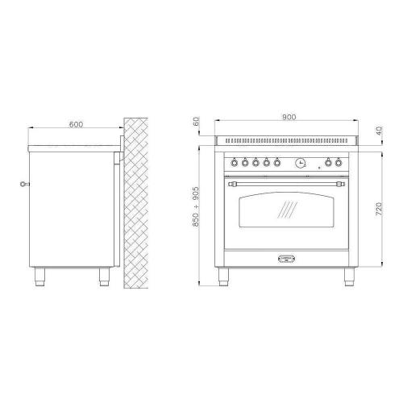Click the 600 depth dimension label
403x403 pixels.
[77, 124]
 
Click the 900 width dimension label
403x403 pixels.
[289, 117]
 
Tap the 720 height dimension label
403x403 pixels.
[378, 209]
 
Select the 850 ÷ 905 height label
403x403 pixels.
[196, 206]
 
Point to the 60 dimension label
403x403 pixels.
[197, 121]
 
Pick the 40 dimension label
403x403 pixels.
[379, 131]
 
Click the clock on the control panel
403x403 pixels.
[301, 163]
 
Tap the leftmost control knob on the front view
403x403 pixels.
[235, 162]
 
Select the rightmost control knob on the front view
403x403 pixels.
[339, 162]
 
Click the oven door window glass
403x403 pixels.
[286, 210]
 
